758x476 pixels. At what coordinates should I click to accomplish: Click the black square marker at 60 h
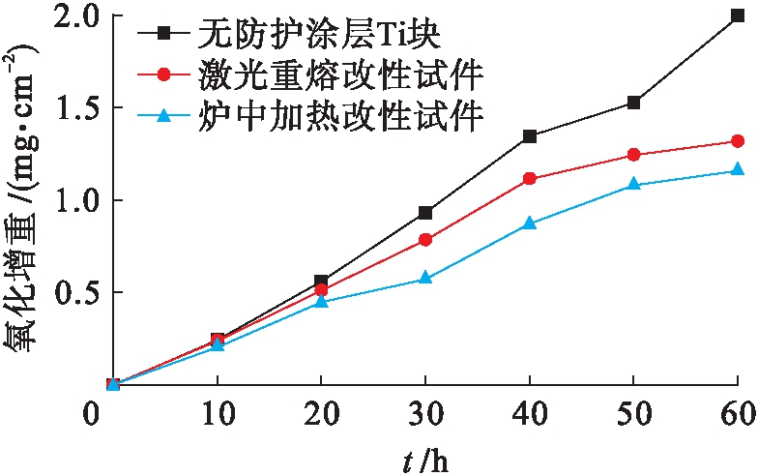tap(738, 16)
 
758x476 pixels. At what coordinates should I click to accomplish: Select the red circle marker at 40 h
tap(529, 178)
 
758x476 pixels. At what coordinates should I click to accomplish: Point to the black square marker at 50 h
tap(633, 103)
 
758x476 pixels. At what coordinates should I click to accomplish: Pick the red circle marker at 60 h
tap(738, 141)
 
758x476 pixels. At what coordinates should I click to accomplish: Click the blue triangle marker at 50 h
tap(633, 184)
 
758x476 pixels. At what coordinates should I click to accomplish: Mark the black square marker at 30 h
tap(425, 212)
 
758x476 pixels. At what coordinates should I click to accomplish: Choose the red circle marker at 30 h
tap(425, 239)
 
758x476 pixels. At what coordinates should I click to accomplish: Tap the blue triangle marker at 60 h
tap(738, 169)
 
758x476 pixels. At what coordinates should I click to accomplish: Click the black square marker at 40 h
tap(529, 136)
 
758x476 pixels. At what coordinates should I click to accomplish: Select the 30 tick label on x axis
tap(425, 411)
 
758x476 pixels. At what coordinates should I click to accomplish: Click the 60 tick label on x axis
tap(738, 411)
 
